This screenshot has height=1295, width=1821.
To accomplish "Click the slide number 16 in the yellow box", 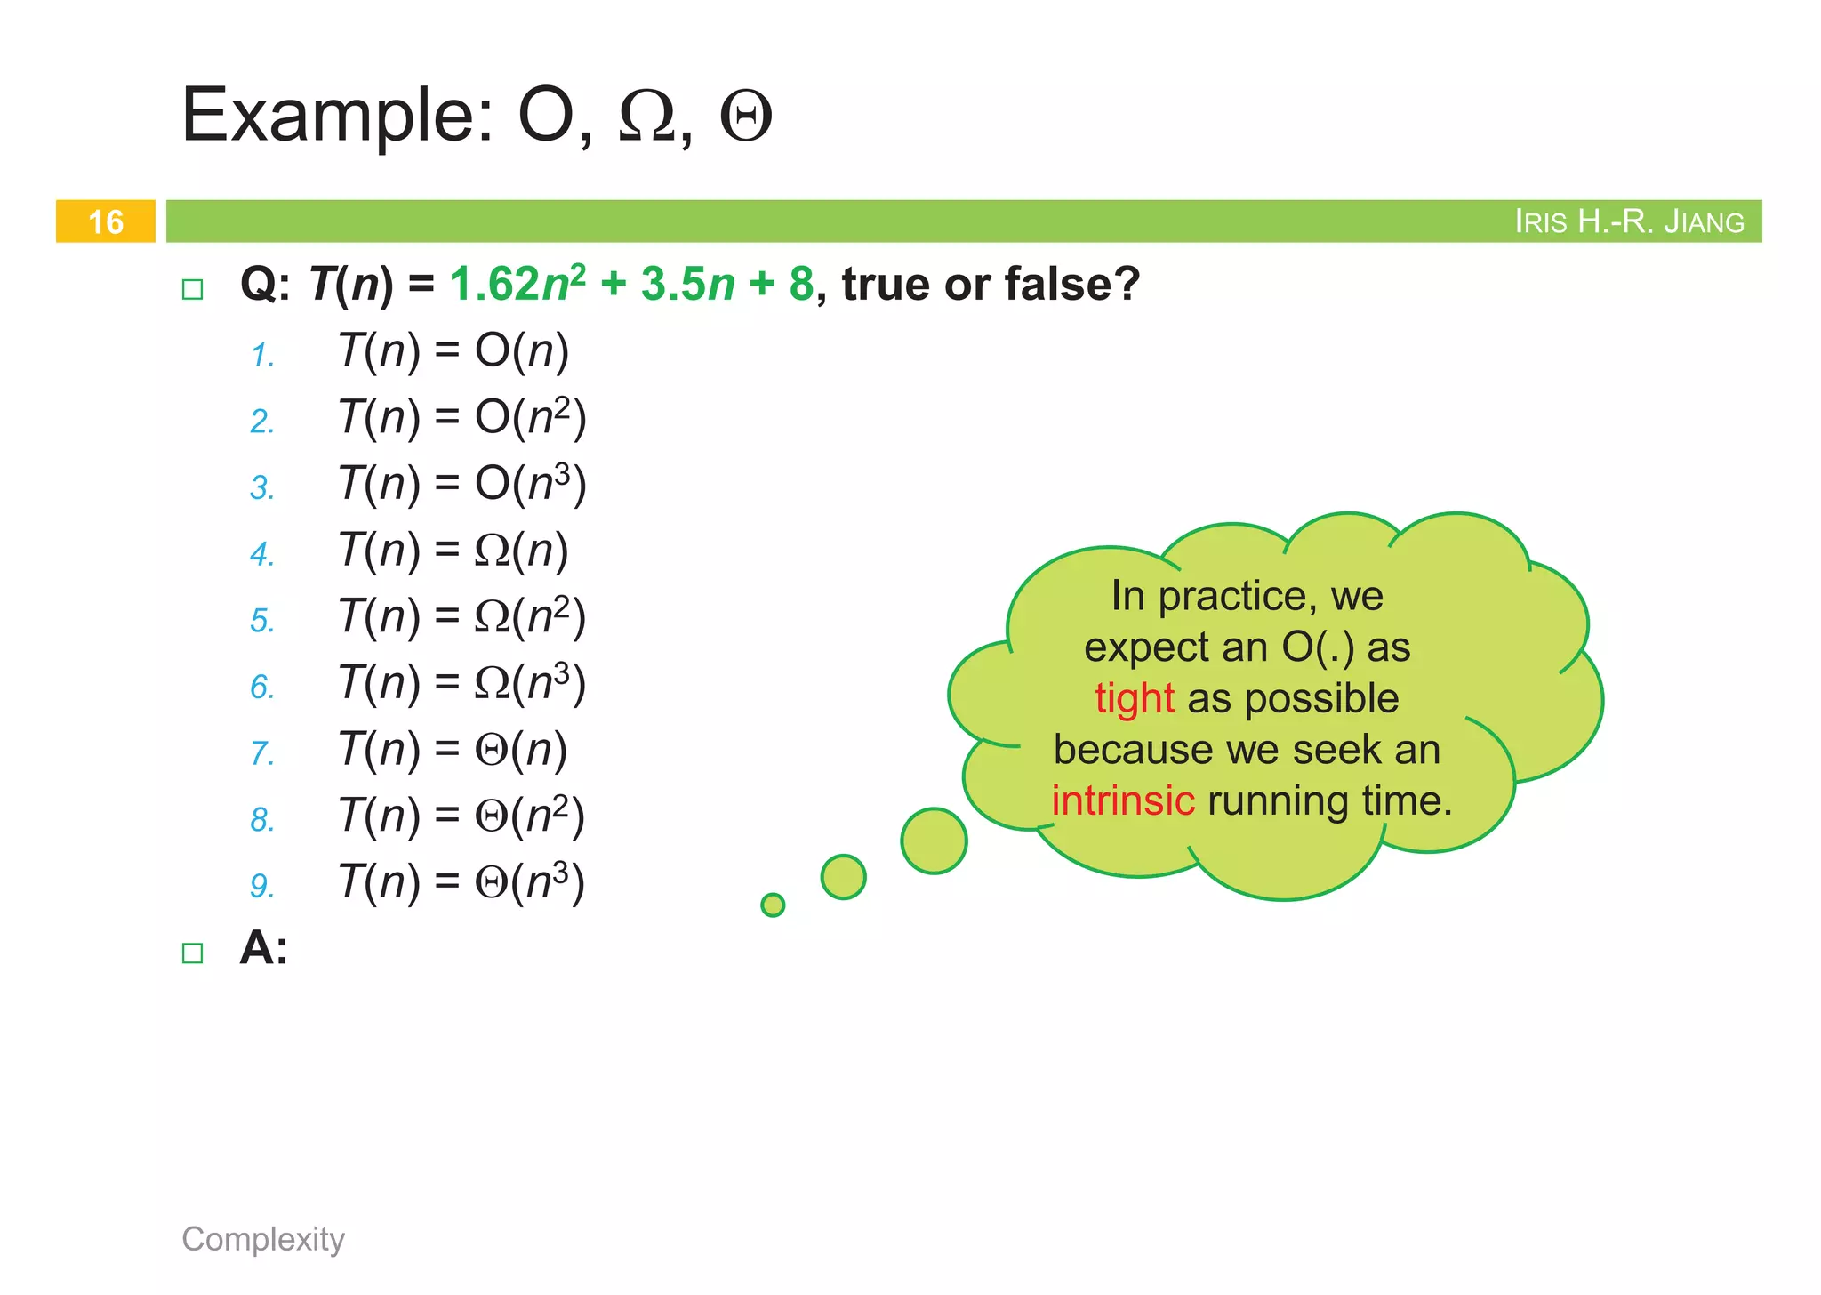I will [106, 221].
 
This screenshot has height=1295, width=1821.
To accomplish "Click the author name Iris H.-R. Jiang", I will [1628, 221].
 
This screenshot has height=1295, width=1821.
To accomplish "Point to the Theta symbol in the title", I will [745, 117].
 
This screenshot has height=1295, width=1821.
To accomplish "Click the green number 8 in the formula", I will [800, 285].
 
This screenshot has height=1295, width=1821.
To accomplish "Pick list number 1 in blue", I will [261, 355].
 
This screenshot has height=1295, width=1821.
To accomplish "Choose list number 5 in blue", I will [261, 620].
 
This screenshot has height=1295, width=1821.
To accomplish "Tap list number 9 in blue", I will [261, 886].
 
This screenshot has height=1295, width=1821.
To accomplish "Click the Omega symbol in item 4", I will [492, 551].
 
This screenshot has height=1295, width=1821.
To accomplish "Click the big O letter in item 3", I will [492, 484].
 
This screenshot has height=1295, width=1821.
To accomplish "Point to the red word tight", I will [1134, 698].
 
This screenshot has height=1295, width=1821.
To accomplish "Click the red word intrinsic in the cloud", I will [1122, 800].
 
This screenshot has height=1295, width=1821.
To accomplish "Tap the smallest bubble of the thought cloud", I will [773, 905].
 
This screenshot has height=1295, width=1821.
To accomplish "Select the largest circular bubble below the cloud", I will [934, 841].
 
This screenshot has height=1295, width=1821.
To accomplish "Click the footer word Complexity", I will [263, 1239].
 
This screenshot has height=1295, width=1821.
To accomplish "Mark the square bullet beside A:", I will [192, 953].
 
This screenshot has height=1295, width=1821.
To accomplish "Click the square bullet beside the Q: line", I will [192, 289].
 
